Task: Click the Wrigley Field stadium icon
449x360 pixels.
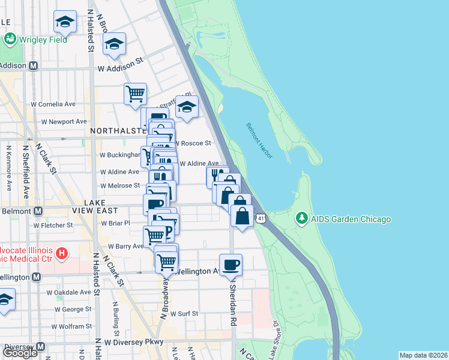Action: point(10,40)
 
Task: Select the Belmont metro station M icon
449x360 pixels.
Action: point(38,211)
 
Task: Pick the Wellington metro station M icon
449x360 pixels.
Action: point(36,277)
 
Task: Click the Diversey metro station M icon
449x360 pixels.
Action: point(40,347)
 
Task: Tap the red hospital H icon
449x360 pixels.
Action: point(61,254)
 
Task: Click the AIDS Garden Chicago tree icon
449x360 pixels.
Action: point(303,219)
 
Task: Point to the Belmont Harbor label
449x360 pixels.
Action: point(259,140)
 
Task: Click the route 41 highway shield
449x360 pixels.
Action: point(260,219)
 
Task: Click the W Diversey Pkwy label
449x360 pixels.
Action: point(133,342)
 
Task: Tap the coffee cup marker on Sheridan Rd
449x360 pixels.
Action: point(231,265)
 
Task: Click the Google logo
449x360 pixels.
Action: point(20,353)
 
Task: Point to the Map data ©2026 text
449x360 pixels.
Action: point(423,355)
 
